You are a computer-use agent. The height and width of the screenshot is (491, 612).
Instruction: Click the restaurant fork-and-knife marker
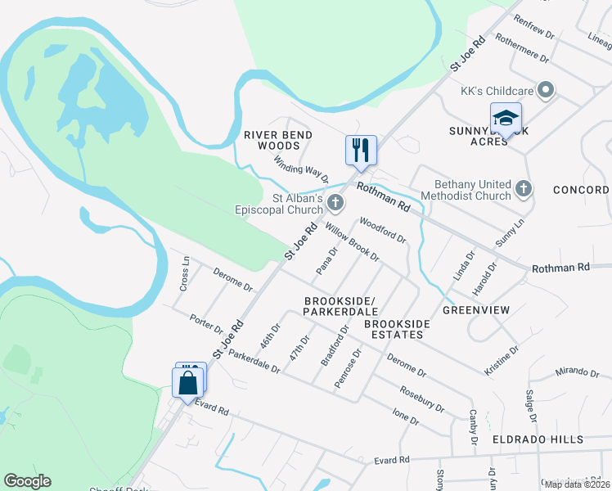(361, 150)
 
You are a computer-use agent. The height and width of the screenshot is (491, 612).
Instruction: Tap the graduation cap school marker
(506, 118)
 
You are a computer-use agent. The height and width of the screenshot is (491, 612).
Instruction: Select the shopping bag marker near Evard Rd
(187, 382)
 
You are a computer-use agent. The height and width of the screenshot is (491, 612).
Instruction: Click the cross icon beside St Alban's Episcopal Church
(334, 202)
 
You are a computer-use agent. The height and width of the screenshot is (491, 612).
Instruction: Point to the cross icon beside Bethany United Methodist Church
(524, 189)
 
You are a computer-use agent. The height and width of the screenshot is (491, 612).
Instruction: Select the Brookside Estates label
(397, 329)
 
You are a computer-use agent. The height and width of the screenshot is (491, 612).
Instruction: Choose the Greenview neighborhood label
(476, 310)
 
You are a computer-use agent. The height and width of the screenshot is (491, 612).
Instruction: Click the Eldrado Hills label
(538, 439)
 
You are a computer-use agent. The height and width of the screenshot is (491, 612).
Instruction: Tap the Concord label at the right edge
(581, 190)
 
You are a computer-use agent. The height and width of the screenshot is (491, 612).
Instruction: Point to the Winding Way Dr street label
(301, 169)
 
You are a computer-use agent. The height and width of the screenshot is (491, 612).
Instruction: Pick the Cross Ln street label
(185, 274)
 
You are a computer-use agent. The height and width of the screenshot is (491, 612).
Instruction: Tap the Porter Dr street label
(206, 324)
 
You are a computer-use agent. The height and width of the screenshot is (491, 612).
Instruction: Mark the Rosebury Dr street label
(422, 399)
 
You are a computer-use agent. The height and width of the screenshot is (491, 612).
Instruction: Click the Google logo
(27, 481)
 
